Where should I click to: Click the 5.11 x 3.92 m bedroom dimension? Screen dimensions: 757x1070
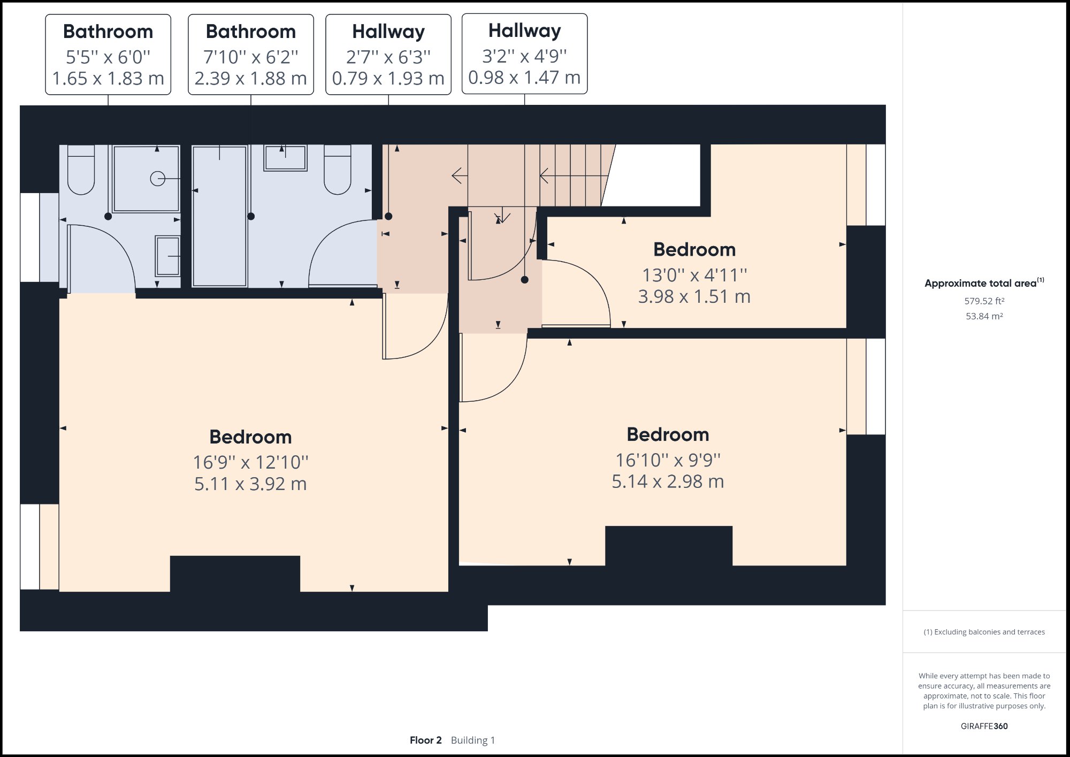tap(250, 484)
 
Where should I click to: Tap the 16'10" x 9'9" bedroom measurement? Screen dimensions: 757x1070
tap(668, 460)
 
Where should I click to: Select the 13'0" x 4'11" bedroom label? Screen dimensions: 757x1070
tap(694, 275)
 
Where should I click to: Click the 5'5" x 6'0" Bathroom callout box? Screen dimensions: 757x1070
tap(108, 55)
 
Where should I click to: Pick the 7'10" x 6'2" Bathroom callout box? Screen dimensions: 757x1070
tap(250, 55)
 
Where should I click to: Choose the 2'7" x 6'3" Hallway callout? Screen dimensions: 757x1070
tap(388, 55)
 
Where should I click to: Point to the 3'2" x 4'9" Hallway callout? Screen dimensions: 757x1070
tap(524, 54)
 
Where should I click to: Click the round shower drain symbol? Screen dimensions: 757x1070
tap(157, 178)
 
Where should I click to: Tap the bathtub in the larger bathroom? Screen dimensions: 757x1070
tap(219, 217)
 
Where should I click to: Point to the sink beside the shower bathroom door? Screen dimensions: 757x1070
tap(168, 256)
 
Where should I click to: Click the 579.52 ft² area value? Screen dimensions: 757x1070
tap(984, 301)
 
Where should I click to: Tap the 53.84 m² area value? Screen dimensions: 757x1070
tap(984, 316)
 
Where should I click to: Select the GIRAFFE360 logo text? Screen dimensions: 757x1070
tap(984, 726)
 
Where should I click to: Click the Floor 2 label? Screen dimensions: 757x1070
tap(425, 740)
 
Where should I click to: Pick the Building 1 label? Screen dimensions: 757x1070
tap(473, 740)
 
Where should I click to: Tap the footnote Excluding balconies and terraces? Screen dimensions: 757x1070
tap(984, 632)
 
